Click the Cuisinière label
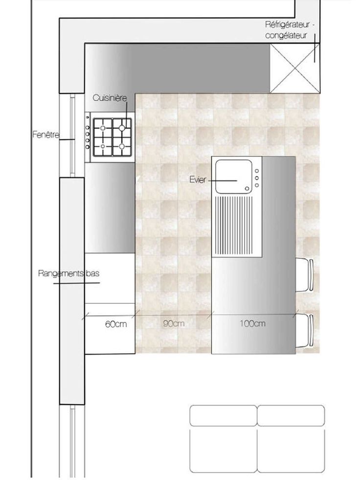tap(110, 98)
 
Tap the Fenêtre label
tap(46, 135)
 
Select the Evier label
tap(198, 180)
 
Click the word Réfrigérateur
tap(288, 24)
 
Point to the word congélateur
tap(286, 36)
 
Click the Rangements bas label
tap(69, 273)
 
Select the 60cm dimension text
tap(116, 324)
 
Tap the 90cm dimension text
tap(174, 323)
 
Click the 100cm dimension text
tap(252, 323)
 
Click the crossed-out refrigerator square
tap(295, 68)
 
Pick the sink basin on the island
tap(234, 177)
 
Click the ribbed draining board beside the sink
tap(234, 225)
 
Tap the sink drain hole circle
tap(247, 188)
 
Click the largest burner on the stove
tap(122, 128)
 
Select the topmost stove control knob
tap(88, 117)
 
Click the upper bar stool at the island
tap(305, 274)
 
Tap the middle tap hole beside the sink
tap(256, 178)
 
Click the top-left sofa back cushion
tap(223, 415)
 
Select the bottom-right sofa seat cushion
tap(291, 450)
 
